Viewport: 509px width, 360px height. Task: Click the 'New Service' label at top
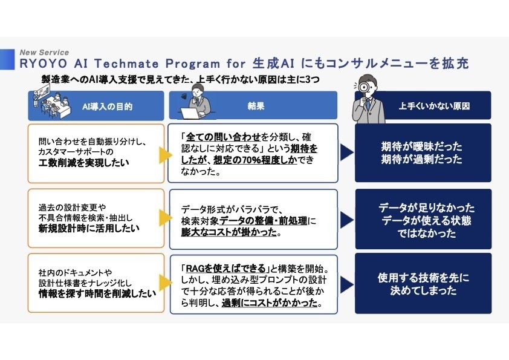point(45,53)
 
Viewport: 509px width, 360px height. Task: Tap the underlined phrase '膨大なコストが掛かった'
point(229,232)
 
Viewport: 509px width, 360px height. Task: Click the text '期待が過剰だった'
point(421,160)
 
